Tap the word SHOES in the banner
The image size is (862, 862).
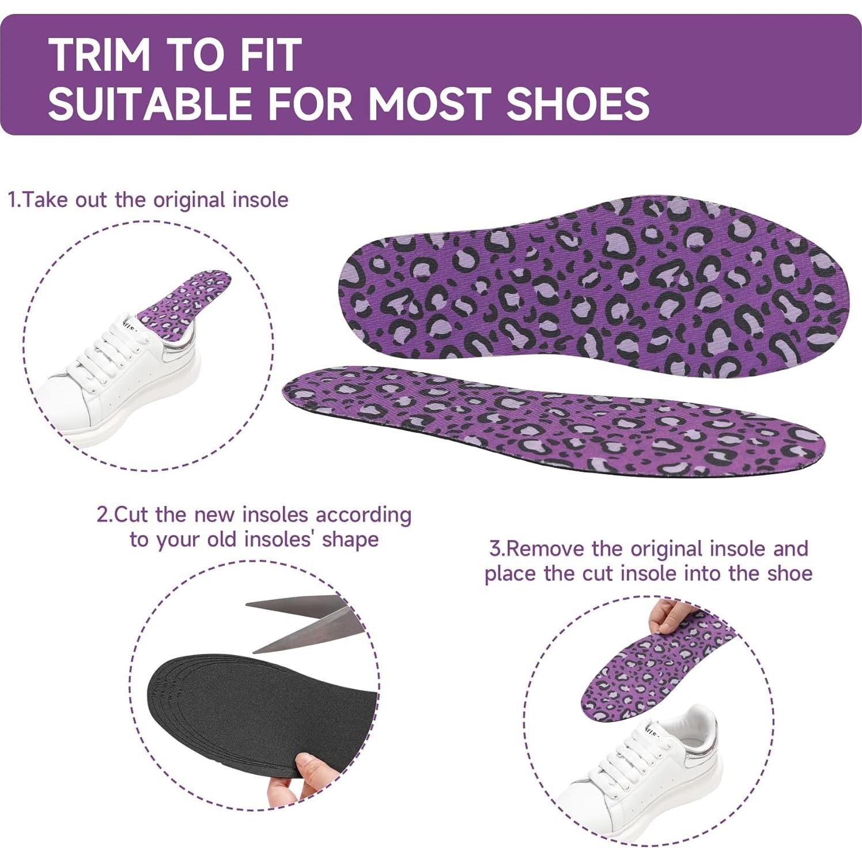(577, 104)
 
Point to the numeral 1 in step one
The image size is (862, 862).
(13, 200)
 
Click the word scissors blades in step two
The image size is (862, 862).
(305, 623)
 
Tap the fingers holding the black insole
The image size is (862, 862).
(314, 772)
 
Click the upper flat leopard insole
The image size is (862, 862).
(593, 285)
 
